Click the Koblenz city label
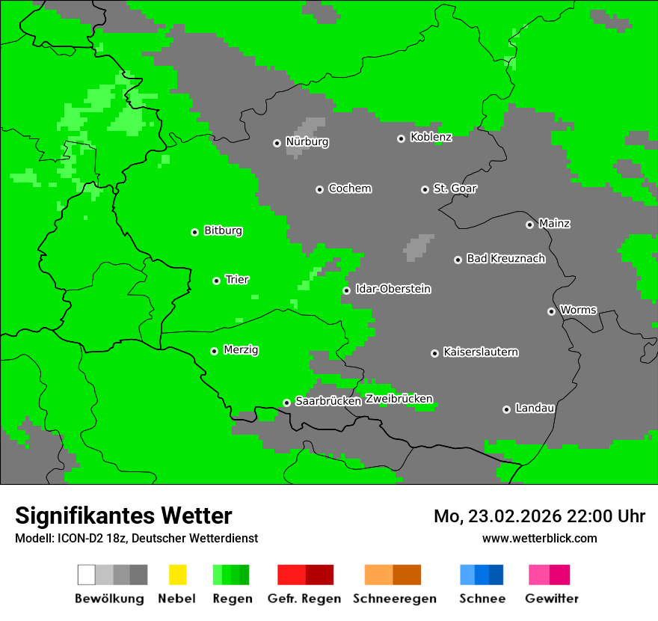tap(431, 138)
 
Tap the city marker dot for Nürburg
tap(277, 143)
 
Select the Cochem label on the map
tap(349, 189)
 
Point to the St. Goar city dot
tap(425, 189)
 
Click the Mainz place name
tap(554, 224)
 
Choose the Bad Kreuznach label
tap(505, 259)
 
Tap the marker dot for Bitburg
tap(194, 232)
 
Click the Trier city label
tap(237, 280)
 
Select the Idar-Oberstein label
tap(393, 290)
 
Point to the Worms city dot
tap(551, 311)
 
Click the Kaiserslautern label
tap(480, 352)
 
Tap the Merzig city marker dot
tap(214, 351)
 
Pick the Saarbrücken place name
tap(328, 402)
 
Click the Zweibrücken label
tap(399, 400)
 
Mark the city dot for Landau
tap(506, 409)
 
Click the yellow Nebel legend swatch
tap(177, 575)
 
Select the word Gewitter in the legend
tap(552, 599)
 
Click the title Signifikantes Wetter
tap(123, 516)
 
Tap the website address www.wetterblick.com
tap(539, 538)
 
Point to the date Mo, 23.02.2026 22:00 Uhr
tap(539, 516)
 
